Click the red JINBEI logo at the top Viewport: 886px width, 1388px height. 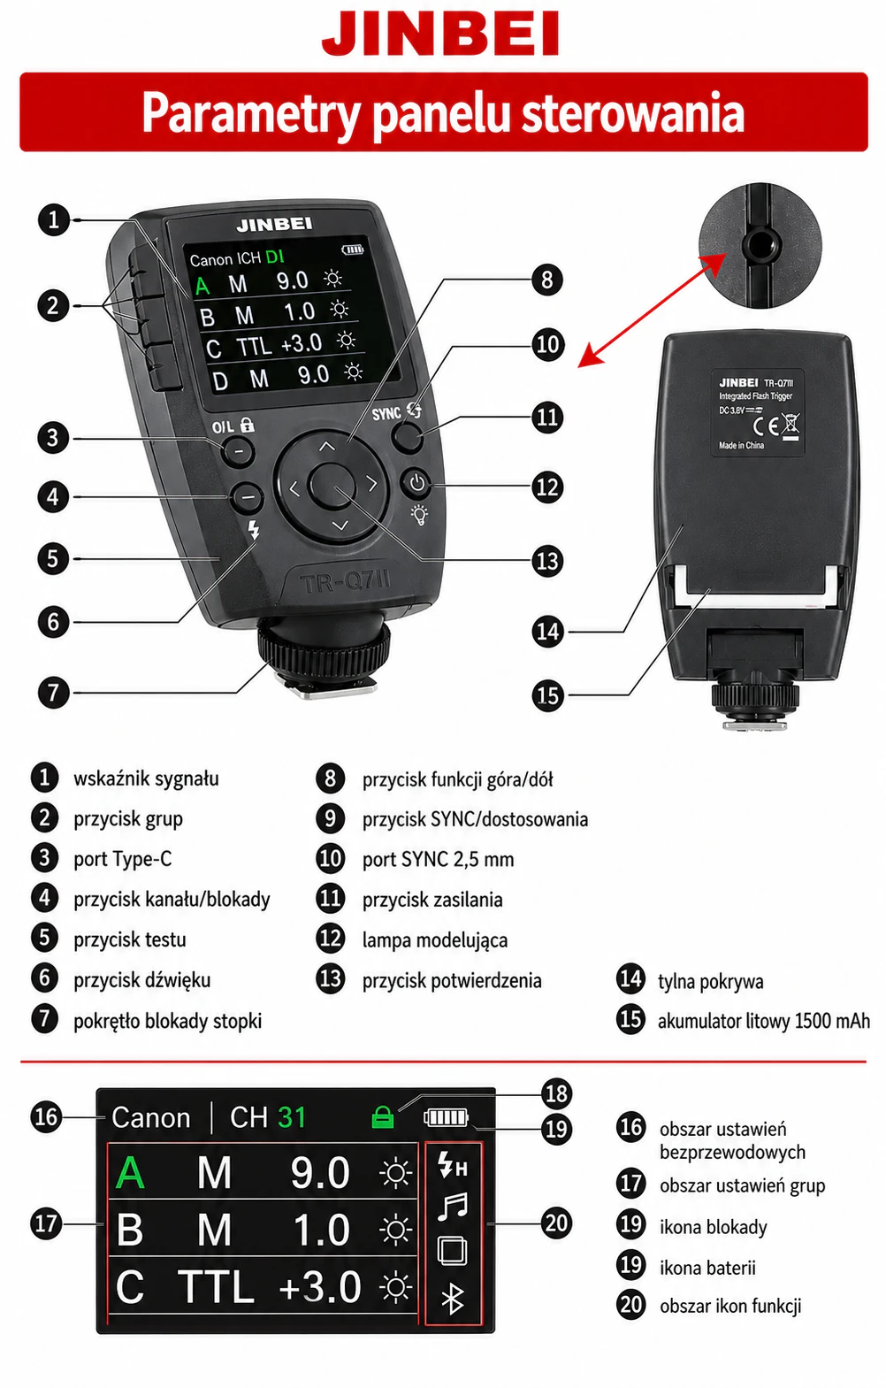click(x=440, y=35)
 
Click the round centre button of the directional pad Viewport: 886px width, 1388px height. click(x=332, y=485)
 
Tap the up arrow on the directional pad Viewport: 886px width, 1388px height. click(x=326, y=446)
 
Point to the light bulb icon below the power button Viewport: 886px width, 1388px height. click(x=420, y=514)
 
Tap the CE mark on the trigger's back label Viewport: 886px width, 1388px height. click(x=765, y=426)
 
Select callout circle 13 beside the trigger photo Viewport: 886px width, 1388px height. click(x=547, y=562)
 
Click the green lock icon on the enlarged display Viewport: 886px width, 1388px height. click(x=383, y=1117)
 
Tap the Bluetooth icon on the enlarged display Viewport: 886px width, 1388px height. click(x=453, y=1298)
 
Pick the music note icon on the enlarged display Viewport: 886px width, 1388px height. click(x=453, y=1207)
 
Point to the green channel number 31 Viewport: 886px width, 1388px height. click(x=292, y=1118)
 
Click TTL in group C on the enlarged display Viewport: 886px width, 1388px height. click(x=216, y=1286)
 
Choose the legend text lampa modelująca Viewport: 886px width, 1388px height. click(x=435, y=940)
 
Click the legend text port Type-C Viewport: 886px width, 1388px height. click(x=123, y=860)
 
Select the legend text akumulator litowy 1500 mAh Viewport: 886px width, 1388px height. click(x=764, y=1021)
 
